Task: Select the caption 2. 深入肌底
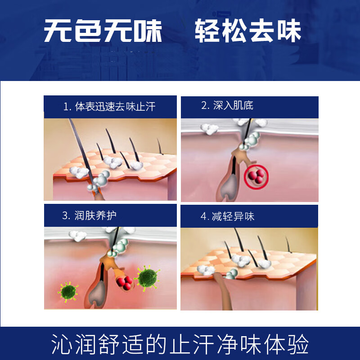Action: point(227,106)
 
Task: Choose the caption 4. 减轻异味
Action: point(227,216)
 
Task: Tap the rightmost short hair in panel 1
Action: point(159,146)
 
